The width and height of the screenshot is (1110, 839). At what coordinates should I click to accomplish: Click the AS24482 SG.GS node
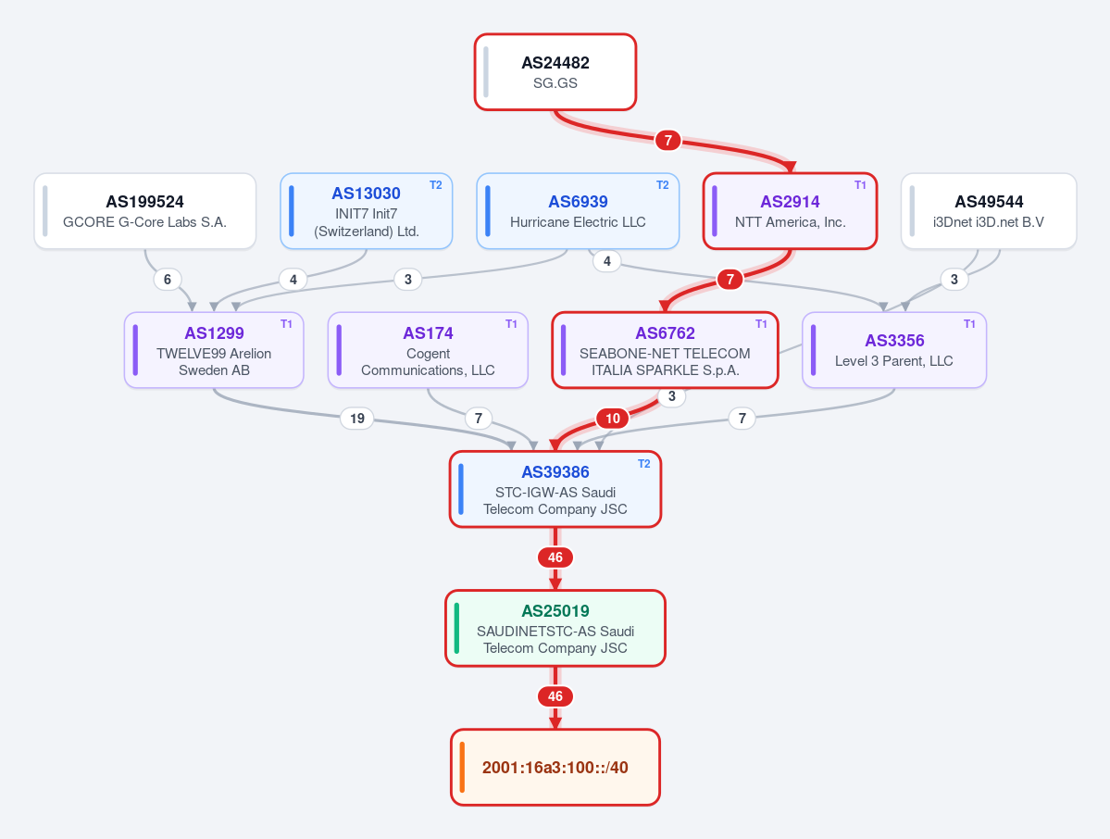click(x=555, y=72)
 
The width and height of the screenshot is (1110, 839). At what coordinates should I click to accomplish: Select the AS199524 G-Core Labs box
click(x=145, y=211)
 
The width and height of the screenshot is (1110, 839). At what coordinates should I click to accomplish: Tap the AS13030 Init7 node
click(x=366, y=211)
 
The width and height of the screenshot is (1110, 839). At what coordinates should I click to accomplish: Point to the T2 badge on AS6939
click(x=663, y=185)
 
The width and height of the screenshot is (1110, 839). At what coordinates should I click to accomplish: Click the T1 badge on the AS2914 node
click(x=860, y=185)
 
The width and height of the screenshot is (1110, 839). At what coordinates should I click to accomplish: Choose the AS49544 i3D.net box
click(x=989, y=211)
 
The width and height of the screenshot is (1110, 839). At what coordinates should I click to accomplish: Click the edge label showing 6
click(x=167, y=279)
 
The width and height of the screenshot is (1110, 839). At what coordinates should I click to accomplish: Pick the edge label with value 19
click(x=356, y=419)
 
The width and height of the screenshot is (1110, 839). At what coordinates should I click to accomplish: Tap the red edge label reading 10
click(x=613, y=419)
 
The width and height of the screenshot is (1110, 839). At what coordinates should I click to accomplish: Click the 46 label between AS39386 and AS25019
click(x=555, y=557)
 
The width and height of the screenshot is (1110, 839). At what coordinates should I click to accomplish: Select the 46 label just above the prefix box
click(x=555, y=696)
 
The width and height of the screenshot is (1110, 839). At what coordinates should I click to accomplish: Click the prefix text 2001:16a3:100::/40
click(x=555, y=768)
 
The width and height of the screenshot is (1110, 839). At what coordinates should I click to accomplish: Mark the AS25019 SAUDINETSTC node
click(x=555, y=628)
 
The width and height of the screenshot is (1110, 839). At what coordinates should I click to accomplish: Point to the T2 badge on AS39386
click(x=643, y=464)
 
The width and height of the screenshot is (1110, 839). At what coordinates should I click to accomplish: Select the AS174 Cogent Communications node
click(x=428, y=350)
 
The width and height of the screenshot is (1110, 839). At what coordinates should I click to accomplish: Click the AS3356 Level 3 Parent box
click(x=894, y=350)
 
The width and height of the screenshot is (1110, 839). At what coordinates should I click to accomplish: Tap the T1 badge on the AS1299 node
click(x=286, y=323)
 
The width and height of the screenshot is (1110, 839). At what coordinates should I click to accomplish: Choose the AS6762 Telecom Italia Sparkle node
click(x=665, y=350)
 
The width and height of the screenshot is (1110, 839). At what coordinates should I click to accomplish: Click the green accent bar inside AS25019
click(x=456, y=628)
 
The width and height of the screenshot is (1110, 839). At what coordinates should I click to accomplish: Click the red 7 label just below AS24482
click(x=667, y=140)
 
